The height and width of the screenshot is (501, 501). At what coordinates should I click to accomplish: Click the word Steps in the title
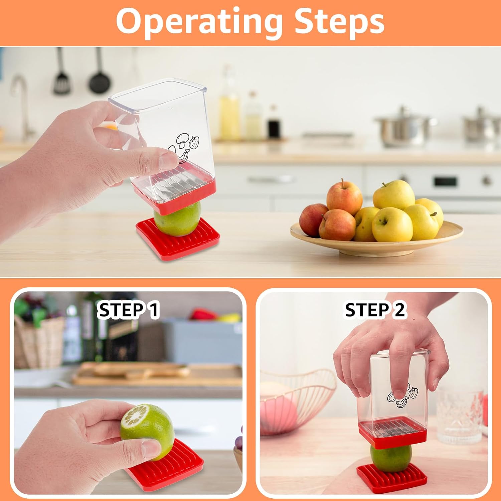click(339, 22)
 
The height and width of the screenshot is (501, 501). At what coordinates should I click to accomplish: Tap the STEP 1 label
click(128, 310)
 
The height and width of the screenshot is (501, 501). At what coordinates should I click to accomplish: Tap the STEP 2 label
click(375, 310)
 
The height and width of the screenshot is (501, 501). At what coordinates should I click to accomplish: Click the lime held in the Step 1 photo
click(147, 428)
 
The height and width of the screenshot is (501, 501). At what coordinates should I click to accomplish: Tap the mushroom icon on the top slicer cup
click(182, 139)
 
